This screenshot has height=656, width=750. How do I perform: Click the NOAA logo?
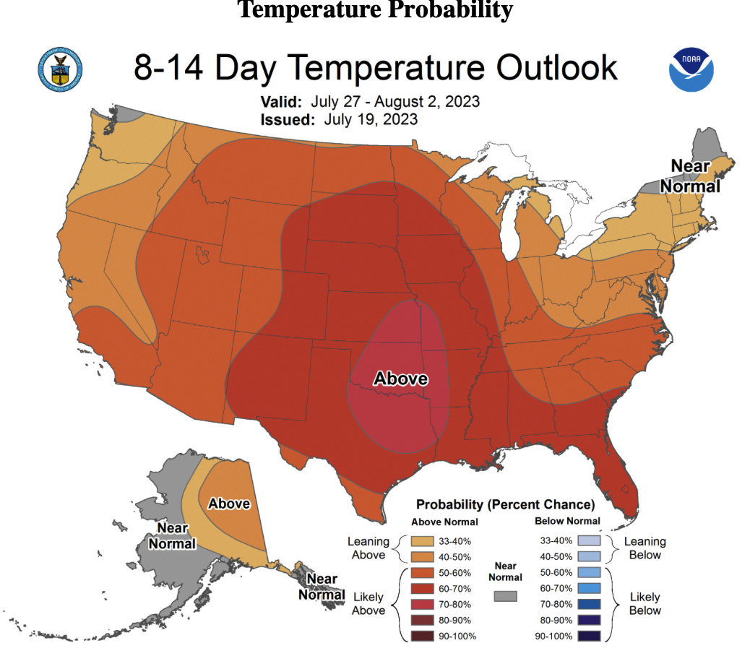tap(691, 69)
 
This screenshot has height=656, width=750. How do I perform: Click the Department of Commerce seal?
tap(59, 70)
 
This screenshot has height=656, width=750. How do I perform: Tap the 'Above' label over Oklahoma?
tap(400, 379)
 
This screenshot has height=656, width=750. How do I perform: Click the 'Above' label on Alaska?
tap(229, 504)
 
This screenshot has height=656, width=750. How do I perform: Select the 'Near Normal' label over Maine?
tap(695, 176)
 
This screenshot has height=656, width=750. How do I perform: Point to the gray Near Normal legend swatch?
tap(505, 596)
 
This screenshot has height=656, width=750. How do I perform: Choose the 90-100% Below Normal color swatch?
tap(589, 636)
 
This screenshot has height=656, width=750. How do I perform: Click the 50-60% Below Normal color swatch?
tap(589, 572)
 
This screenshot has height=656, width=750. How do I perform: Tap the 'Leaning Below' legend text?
tap(645, 548)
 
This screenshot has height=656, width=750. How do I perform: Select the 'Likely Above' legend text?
tap(368, 604)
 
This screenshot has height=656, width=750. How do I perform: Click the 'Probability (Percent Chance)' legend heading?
tap(505, 504)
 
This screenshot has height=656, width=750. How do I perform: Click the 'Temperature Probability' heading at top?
tap(375, 10)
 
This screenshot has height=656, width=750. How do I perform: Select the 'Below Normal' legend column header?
tap(567, 521)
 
